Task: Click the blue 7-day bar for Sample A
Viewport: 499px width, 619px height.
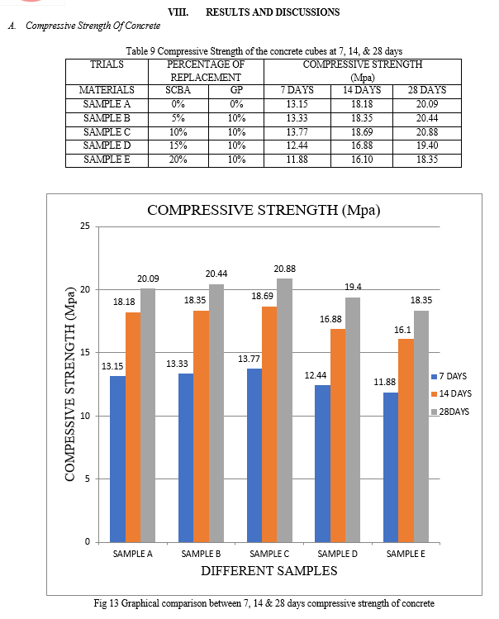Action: click(117, 459)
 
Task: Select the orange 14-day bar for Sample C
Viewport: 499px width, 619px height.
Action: click(269, 425)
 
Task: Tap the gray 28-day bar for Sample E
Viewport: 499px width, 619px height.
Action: click(421, 426)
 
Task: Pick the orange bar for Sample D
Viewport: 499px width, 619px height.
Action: click(338, 436)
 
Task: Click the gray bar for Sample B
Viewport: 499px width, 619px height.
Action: click(216, 413)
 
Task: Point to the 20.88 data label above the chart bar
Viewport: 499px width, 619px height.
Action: click(285, 269)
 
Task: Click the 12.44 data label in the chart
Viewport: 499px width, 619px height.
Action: click(316, 375)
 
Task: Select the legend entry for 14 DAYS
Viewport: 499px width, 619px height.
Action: click(451, 393)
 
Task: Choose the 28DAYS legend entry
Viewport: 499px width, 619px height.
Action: click(450, 412)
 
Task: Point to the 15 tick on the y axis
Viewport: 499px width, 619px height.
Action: click(85, 353)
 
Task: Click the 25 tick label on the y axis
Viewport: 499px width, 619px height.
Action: click(85, 226)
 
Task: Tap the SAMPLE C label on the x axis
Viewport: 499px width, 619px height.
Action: click(269, 554)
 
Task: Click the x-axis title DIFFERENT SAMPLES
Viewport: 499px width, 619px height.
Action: click(269, 571)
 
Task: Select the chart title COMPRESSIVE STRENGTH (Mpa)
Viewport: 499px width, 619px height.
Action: click(264, 210)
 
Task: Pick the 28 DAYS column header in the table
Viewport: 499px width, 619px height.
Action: click(427, 90)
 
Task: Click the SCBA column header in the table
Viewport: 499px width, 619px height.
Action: click(178, 90)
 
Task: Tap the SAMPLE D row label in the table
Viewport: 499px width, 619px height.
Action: click(107, 145)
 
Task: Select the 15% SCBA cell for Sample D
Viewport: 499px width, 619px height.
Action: click(178, 145)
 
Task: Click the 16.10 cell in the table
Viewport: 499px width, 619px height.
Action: click(362, 160)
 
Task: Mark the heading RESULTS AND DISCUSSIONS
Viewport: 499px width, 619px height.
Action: click(273, 12)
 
